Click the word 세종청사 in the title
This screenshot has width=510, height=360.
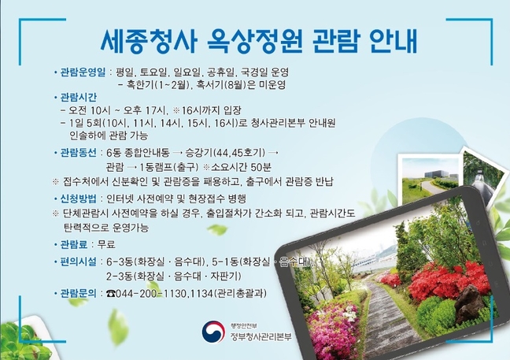149,41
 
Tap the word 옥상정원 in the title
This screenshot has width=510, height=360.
255,41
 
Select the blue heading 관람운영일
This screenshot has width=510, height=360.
83,72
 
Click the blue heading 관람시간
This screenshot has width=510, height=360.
79,98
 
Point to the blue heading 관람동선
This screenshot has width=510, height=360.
79,153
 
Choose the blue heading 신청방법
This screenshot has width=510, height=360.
79,199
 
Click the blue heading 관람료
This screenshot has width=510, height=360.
74,244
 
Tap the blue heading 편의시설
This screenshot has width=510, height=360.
79,262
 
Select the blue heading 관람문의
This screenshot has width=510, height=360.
79,294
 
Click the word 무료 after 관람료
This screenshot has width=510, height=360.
106,244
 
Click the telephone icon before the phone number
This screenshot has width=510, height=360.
111,294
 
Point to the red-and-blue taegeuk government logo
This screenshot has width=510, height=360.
213,332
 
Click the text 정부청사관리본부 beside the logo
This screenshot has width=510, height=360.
261,336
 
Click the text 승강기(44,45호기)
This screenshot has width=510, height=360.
225,153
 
